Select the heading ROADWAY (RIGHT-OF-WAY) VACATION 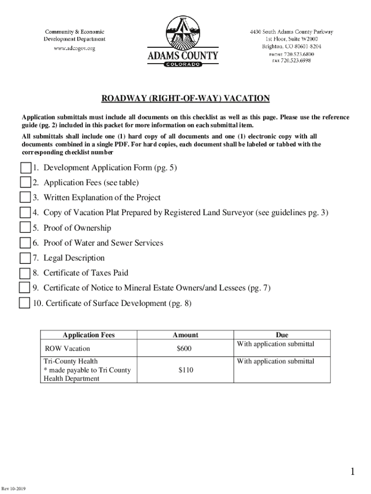pos(185,99)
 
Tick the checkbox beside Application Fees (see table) pos(26,183)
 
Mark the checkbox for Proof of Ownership pos(25,228)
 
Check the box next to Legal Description pos(25,259)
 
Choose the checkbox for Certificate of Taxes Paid pos(25,274)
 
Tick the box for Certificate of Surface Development pos(24,303)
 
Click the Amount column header pos(185,335)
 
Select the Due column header pos(282,335)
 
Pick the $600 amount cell pos(185,348)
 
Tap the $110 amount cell pos(185,370)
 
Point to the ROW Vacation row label pos(67,348)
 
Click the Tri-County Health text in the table pos(71,361)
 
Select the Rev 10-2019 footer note pos(13,489)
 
